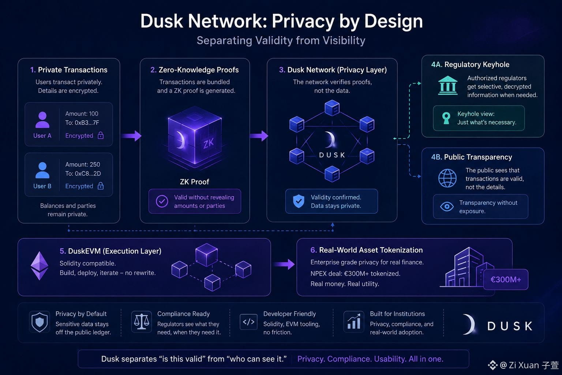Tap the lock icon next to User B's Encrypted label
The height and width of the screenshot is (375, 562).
point(101,186)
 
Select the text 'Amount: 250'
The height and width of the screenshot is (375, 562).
point(83,164)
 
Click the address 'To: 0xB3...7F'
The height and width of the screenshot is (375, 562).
point(82,123)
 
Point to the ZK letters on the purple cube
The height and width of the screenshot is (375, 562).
point(209,144)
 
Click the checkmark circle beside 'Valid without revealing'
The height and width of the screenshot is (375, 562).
point(162,201)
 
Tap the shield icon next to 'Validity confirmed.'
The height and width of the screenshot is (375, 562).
point(299,201)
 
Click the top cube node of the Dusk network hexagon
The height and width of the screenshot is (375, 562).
point(332,108)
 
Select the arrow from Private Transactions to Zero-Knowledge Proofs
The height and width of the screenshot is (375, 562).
point(131,136)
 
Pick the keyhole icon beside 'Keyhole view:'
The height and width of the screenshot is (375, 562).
point(446,118)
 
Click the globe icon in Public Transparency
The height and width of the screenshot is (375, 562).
point(447,178)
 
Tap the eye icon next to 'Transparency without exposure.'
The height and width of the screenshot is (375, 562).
point(447,207)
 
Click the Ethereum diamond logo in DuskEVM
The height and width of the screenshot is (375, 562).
point(40,266)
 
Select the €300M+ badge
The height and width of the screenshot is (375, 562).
point(506,279)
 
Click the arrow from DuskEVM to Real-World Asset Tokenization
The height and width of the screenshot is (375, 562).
point(284,264)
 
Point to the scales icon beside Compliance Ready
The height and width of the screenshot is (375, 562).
point(141,322)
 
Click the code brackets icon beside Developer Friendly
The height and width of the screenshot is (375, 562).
point(248,322)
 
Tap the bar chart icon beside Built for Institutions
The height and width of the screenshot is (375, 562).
point(354,322)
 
